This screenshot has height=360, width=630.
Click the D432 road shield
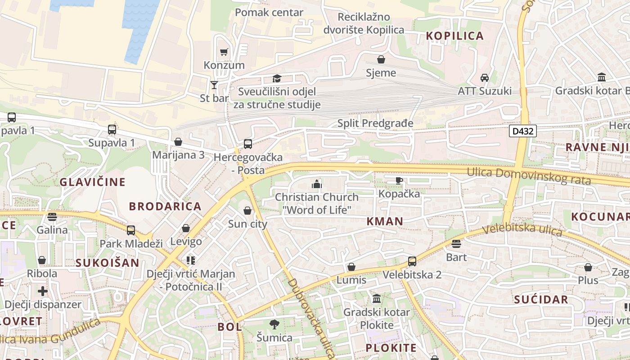(x=523, y=131)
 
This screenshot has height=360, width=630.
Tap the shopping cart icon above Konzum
(x=224, y=52)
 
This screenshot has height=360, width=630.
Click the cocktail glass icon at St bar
(x=214, y=85)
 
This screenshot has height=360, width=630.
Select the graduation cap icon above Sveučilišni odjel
(x=276, y=79)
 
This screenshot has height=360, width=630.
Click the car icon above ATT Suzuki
(x=485, y=77)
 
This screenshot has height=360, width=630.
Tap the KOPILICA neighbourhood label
(x=454, y=36)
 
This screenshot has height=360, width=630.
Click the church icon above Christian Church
(x=317, y=184)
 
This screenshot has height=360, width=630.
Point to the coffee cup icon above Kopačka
(x=399, y=180)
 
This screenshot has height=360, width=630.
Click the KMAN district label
(x=385, y=221)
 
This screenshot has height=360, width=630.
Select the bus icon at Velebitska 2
(x=412, y=261)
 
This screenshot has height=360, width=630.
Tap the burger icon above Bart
(x=456, y=244)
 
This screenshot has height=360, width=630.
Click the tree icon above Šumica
(x=274, y=324)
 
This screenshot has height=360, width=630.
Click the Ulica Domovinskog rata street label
(x=528, y=176)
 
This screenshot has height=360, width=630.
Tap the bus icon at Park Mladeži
(x=131, y=230)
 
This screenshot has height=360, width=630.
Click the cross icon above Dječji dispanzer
(x=43, y=291)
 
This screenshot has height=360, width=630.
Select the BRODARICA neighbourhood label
(x=165, y=207)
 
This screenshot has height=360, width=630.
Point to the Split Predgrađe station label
(x=375, y=123)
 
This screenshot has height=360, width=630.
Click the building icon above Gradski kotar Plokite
(x=377, y=299)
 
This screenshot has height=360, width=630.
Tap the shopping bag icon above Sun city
(x=247, y=211)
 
